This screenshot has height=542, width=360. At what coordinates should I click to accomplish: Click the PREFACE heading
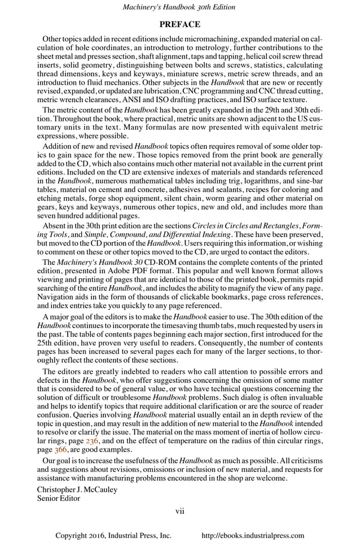pyautogui.click(x=179, y=24)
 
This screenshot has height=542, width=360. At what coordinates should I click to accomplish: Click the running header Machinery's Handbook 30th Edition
pyautogui.click(x=179, y=7)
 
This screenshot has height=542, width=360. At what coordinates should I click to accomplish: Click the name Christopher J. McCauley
pyautogui.click(x=77, y=489)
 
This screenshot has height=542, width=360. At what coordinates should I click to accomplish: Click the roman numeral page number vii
pyautogui.click(x=179, y=512)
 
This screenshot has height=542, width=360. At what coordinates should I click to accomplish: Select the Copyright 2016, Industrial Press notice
pyautogui.click(x=113, y=536)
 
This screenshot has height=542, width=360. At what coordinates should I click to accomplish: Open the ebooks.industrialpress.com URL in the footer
pyautogui.click(x=253, y=536)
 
